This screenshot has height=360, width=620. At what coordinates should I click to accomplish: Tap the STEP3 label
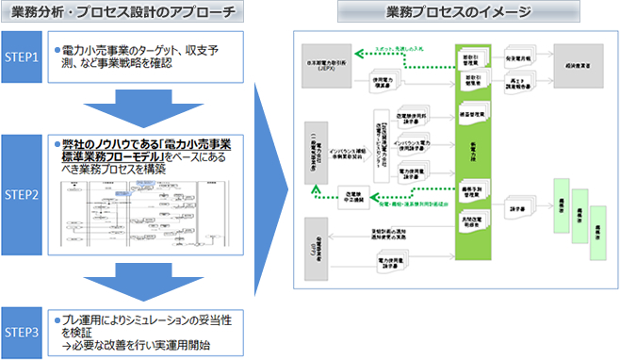[x=24, y=331]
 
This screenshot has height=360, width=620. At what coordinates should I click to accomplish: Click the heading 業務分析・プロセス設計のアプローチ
[x=128, y=12]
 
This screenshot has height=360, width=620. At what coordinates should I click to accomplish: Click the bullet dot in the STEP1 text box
[x=56, y=46]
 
